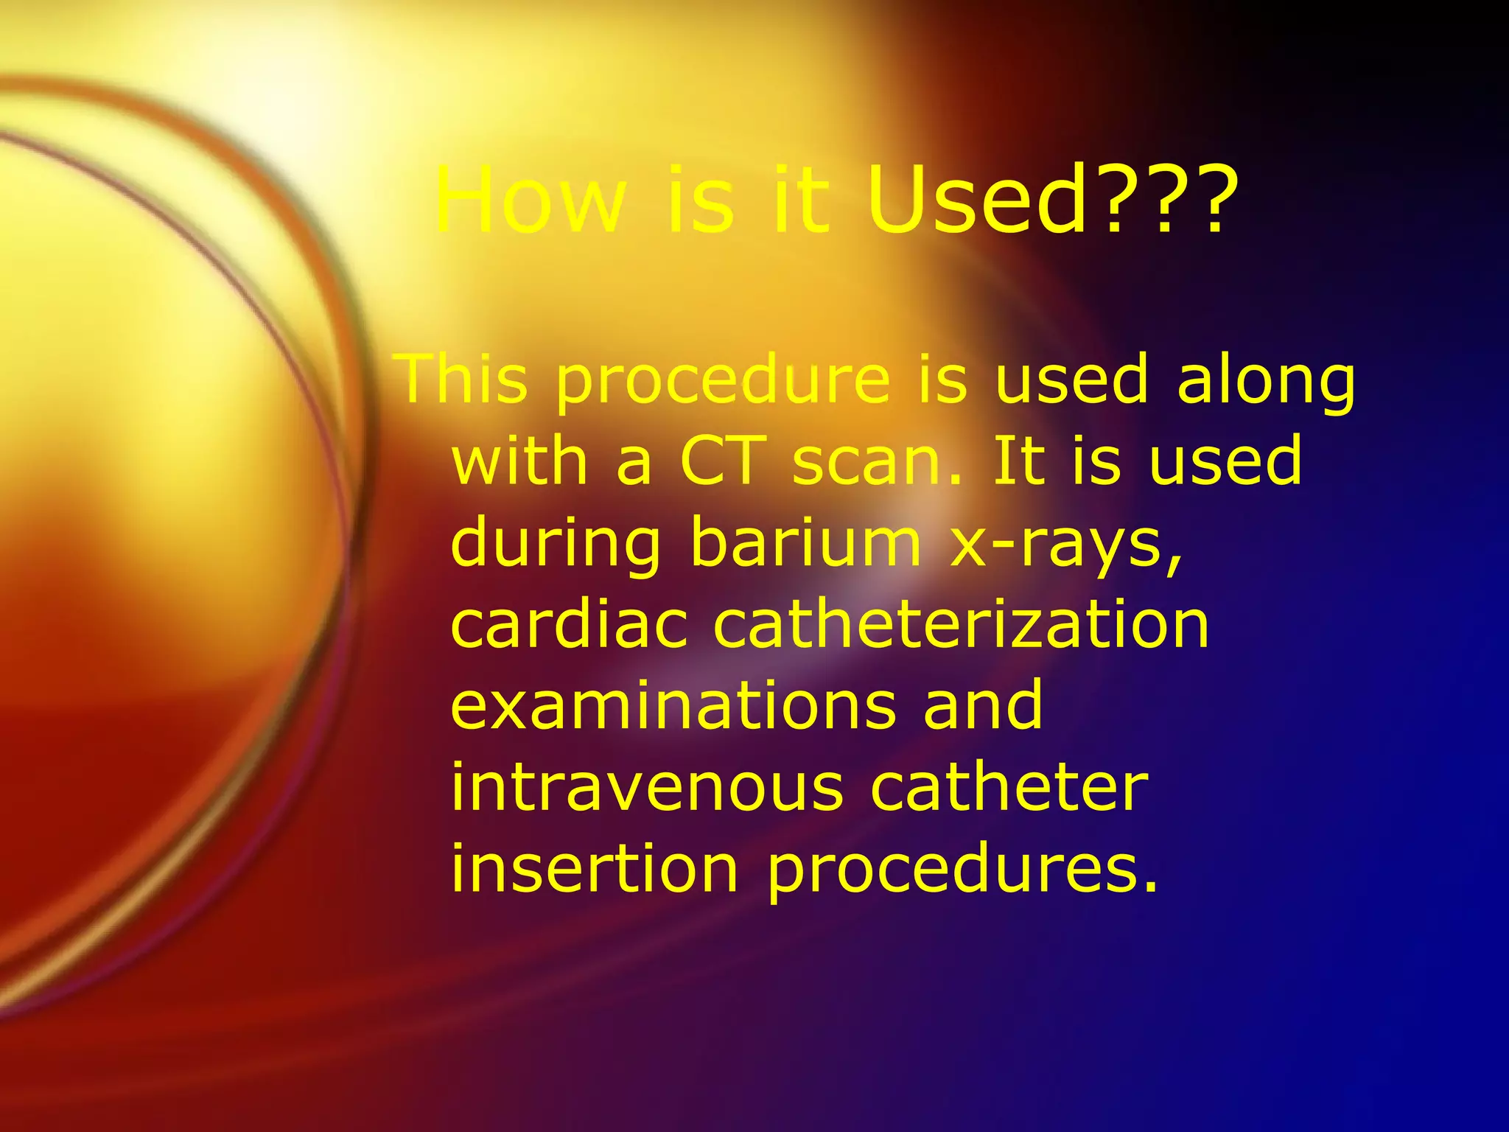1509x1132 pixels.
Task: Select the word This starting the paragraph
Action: coord(463,379)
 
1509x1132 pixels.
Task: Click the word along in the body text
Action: coord(1266,379)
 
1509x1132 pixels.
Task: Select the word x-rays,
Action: coord(1066,543)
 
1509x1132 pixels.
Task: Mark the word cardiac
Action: coord(569,625)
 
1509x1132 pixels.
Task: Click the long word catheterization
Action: coord(962,625)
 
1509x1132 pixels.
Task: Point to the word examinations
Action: coord(673,706)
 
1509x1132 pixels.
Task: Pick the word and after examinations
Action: coord(983,706)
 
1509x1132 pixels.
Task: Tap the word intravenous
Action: coord(647,788)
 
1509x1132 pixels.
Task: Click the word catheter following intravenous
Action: coord(1009,788)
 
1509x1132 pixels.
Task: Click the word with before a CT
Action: coord(520,461)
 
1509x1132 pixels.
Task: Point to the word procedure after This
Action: coord(723,379)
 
